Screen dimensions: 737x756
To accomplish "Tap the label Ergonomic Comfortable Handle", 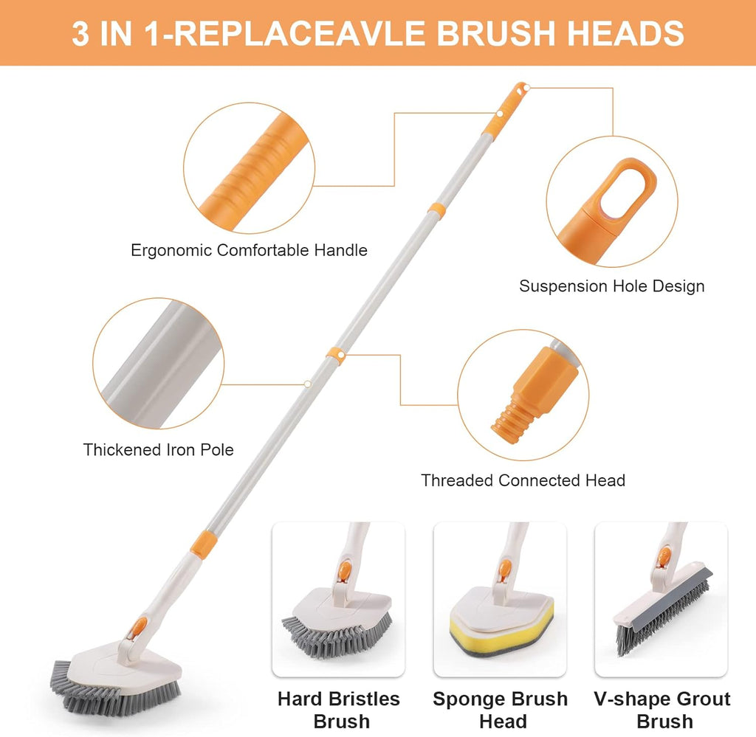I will pyautogui.click(x=249, y=251).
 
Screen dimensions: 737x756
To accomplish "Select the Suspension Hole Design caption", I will pyautogui.click(x=611, y=286).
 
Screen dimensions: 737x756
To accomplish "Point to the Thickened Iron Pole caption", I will pyautogui.click(x=158, y=449).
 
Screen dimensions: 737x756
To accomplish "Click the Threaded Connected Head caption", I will pyautogui.click(x=523, y=481).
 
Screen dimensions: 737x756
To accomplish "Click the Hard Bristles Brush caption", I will pyautogui.click(x=338, y=709).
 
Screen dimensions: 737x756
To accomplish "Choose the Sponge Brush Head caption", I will pyautogui.click(x=500, y=709).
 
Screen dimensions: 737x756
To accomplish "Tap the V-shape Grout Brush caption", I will pyautogui.click(x=661, y=709).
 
